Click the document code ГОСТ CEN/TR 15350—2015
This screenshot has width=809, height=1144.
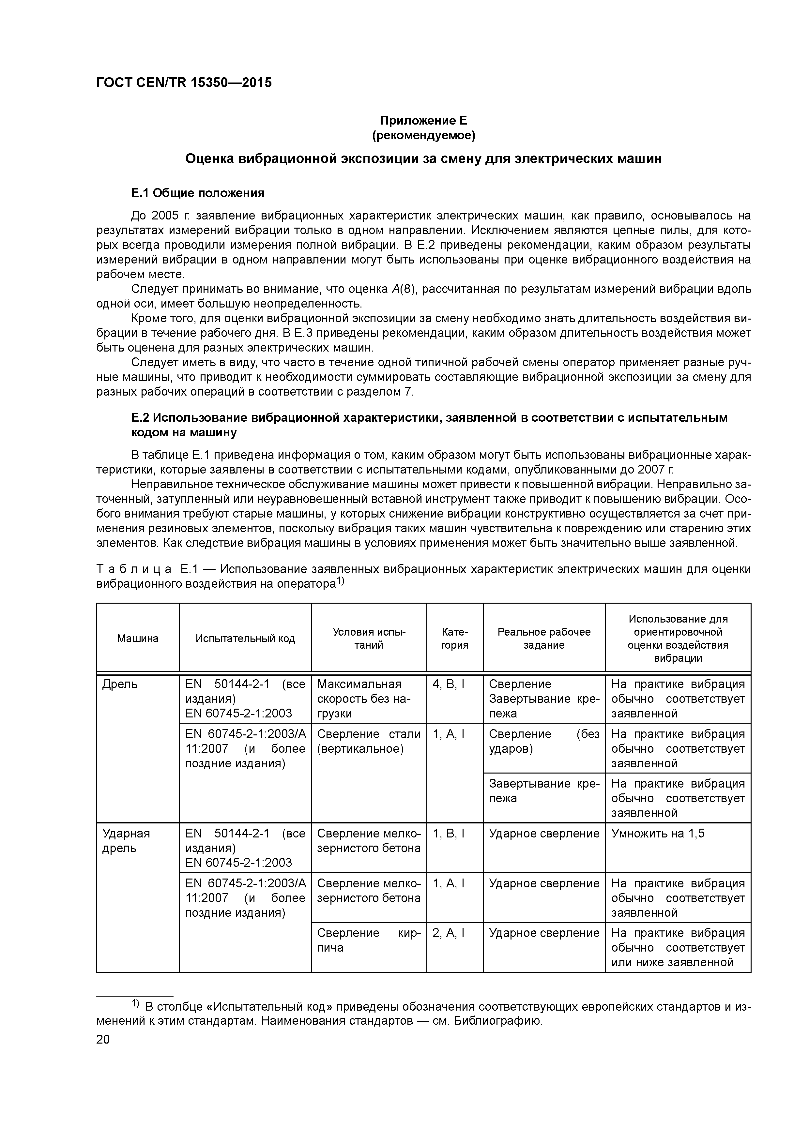coord(184,83)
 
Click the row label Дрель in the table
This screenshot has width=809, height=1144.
coord(120,685)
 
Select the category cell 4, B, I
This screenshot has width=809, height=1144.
coord(448,685)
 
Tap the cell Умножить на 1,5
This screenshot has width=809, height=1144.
coord(657,834)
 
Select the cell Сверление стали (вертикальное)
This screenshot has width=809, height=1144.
coord(368,741)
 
